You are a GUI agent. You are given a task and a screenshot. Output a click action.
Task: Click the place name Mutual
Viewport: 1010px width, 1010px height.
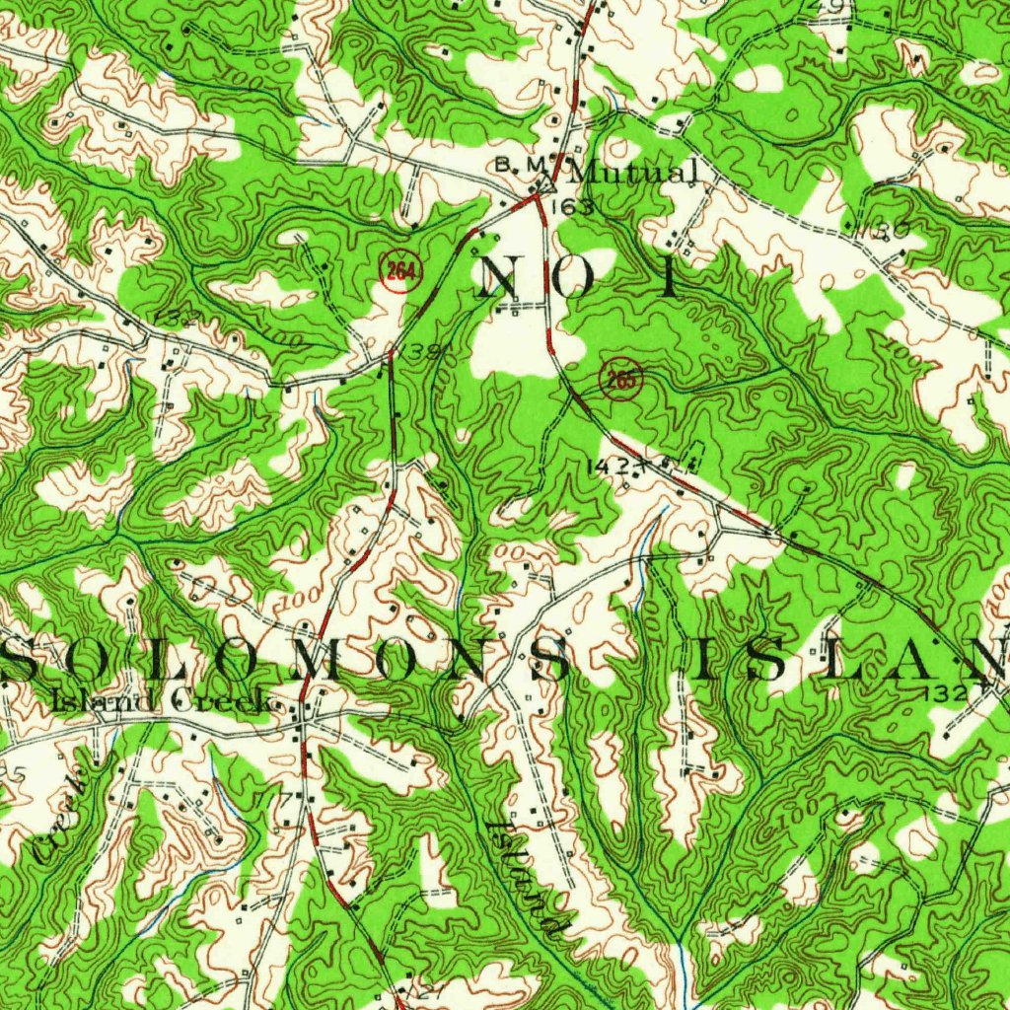point(633,173)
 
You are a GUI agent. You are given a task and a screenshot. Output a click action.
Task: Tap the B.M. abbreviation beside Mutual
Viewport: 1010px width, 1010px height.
point(520,165)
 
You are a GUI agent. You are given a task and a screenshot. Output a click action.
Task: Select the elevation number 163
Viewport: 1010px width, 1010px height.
point(574,207)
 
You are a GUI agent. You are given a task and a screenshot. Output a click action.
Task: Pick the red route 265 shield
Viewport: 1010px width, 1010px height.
point(620,380)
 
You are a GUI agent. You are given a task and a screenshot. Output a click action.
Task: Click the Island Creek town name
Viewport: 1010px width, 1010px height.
point(158,702)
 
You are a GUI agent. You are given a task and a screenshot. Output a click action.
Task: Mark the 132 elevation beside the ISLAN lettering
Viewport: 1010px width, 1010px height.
point(943,694)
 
